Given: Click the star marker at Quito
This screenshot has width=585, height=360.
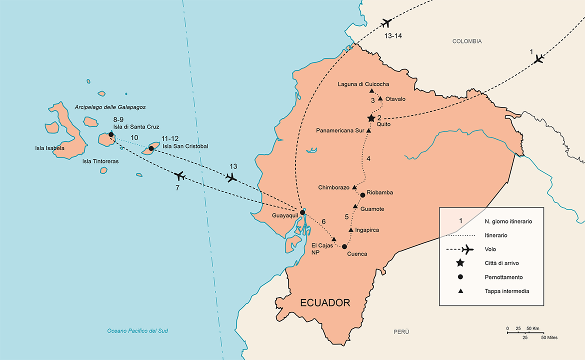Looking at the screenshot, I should tap(371, 118).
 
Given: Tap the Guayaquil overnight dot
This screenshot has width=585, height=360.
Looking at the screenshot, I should tap(302, 212).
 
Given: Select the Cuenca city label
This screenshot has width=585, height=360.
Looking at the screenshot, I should tap(357, 254).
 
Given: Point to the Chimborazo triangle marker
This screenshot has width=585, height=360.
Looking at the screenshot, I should tap(354, 187).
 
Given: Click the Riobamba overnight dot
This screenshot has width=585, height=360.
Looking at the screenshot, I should tap(362, 194).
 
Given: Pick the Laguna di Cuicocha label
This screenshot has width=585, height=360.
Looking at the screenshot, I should tap(363, 84).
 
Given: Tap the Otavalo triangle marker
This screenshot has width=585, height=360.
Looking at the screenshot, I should tap(380, 98).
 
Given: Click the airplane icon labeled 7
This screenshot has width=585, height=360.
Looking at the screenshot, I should tap(180, 175).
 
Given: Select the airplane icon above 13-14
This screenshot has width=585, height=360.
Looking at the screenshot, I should tap(385, 23).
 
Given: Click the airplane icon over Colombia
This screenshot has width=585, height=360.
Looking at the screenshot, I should tap(538, 59).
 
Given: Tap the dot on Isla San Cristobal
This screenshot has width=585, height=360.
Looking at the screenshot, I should tap(151, 148).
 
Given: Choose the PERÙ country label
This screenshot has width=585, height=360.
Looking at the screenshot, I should tap(400, 331).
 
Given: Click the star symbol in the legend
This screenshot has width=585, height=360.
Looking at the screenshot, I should tap(460, 263).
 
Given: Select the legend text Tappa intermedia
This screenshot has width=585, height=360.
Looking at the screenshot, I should tap(502, 291).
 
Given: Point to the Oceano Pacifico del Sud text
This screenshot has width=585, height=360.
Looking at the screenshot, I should tap(138, 331).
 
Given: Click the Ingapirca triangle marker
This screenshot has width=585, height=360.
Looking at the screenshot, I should tap(351, 229).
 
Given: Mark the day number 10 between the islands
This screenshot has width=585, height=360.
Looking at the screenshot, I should tap(134, 137).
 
